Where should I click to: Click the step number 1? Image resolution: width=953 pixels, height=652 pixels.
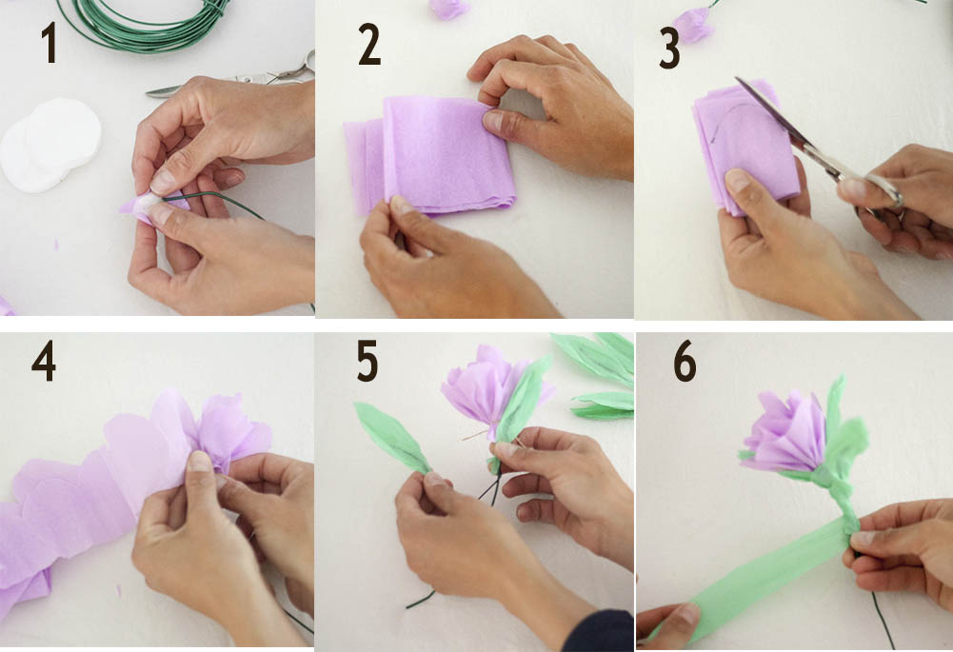[x=49, y=43]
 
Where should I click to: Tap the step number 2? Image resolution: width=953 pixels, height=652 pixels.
[x=369, y=44]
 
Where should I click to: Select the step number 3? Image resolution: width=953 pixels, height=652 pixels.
[x=669, y=49]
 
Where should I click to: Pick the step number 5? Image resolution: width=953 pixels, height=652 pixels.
[x=367, y=361]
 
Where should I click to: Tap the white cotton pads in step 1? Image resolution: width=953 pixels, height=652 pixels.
[x=50, y=145]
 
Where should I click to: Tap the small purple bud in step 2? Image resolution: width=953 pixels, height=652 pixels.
[x=449, y=9]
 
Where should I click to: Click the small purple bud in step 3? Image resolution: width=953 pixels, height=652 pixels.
[x=693, y=25]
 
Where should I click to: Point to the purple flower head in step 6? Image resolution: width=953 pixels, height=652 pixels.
[x=784, y=433]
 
